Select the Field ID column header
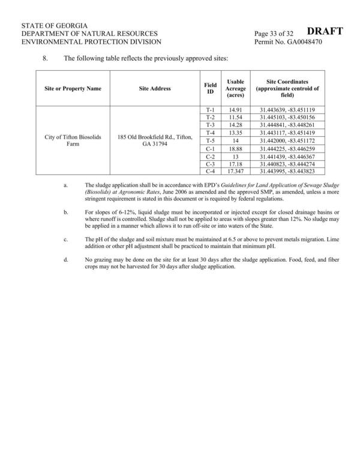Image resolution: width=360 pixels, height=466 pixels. (211, 88)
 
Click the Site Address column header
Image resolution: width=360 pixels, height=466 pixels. (155, 88)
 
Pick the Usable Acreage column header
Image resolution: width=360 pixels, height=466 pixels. (235, 88)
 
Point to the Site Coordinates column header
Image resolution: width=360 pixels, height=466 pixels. (287, 88)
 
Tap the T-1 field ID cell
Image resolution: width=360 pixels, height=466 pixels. (211, 109)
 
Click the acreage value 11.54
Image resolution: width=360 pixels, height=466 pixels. (235, 117)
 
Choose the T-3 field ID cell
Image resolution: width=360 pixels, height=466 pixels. (211, 125)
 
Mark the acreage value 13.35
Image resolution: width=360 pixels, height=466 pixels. (235, 133)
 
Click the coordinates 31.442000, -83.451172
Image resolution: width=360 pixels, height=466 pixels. (287, 141)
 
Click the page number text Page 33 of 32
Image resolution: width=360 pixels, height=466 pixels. (277, 33)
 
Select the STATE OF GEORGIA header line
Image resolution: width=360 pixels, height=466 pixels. (55, 25)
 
